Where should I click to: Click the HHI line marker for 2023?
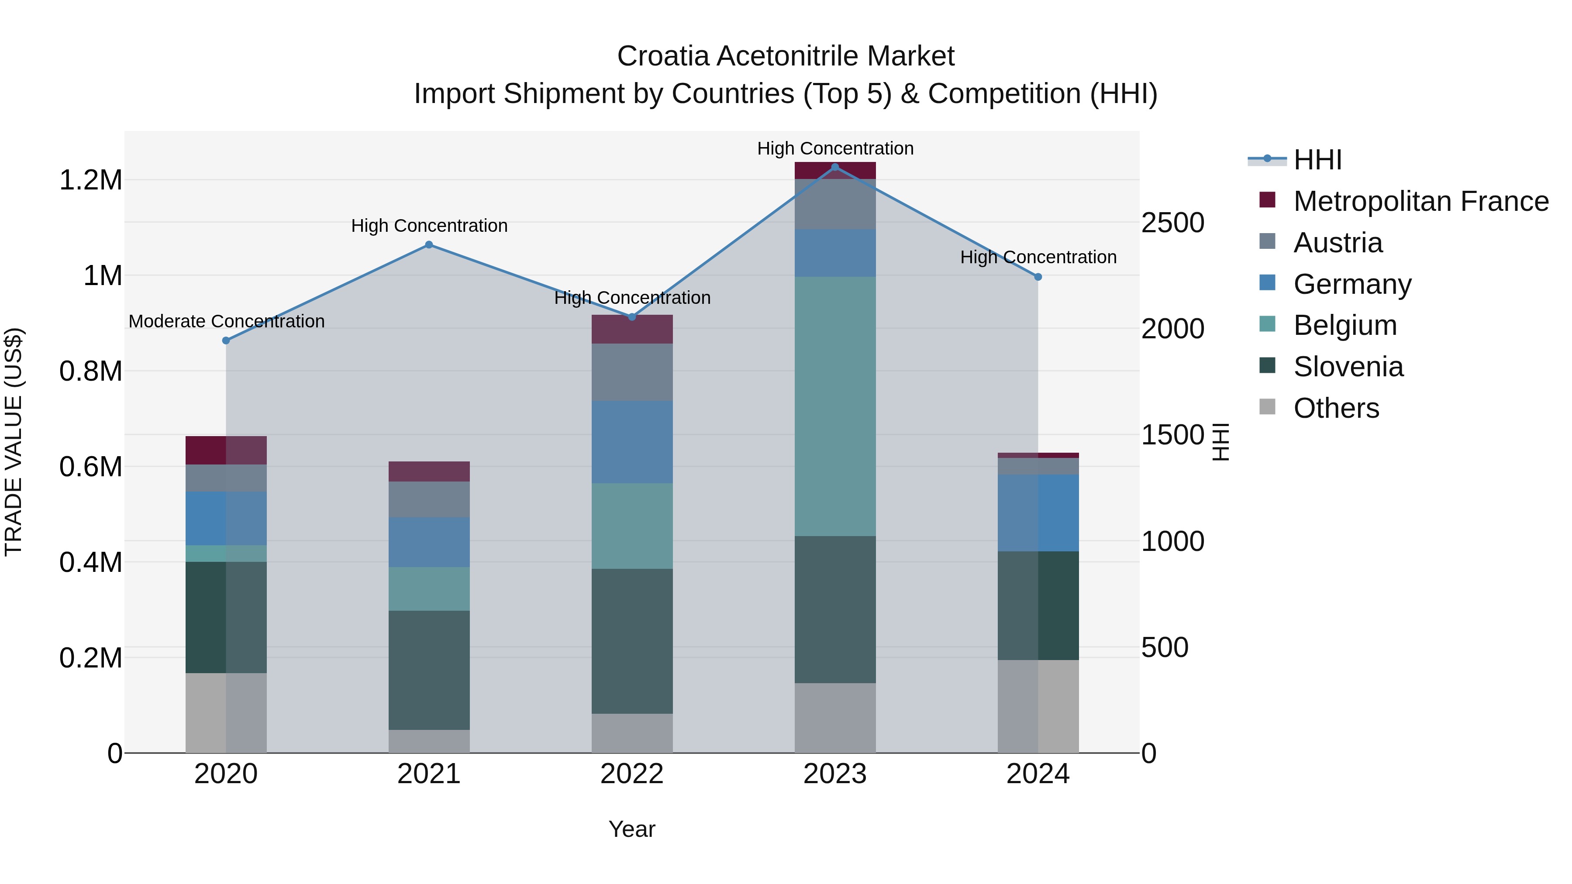835,167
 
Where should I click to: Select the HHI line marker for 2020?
226,341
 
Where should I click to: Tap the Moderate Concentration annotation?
226,321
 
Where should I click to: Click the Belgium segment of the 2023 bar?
835,406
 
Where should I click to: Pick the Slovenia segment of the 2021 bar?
429,670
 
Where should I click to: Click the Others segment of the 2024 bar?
1038,706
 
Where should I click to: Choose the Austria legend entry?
1337,243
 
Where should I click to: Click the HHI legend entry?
1317,160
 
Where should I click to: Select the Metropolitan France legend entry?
1420,201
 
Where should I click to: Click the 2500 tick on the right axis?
1172,223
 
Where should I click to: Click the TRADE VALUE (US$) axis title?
14,442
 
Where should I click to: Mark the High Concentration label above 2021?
429,226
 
